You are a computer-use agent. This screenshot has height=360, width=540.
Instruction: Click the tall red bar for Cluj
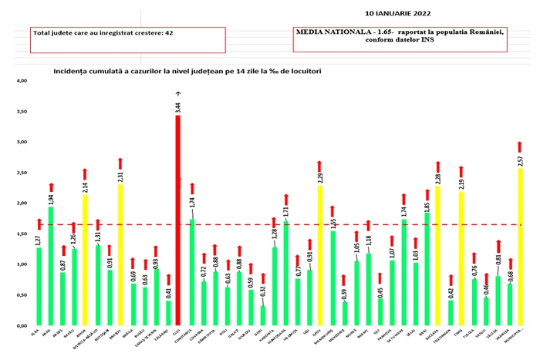[x=178, y=224]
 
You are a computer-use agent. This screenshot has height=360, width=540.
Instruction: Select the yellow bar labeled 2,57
[x=520, y=247]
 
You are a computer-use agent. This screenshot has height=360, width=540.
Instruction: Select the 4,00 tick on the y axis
[x=21, y=81]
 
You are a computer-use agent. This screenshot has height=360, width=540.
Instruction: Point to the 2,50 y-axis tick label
[x=21, y=173]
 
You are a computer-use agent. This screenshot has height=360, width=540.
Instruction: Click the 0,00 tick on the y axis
[x=21, y=326]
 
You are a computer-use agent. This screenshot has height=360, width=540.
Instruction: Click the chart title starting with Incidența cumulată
[x=187, y=70]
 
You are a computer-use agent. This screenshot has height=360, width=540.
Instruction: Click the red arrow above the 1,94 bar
[x=51, y=187]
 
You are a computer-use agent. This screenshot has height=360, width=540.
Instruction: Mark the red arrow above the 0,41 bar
[x=168, y=279]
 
